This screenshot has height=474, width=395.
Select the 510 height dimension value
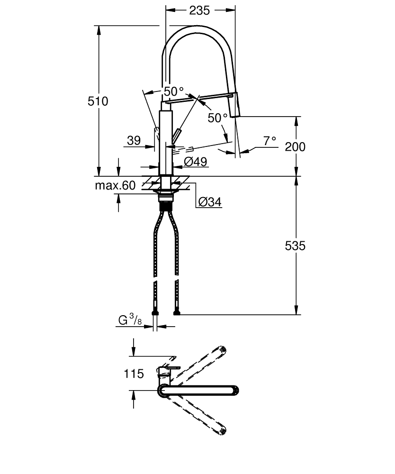(98, 101)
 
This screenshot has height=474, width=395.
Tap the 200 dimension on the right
(295, 146)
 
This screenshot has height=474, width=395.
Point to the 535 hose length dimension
(295, 246)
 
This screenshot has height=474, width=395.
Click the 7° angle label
(269, 141)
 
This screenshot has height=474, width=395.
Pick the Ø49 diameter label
(195, 162)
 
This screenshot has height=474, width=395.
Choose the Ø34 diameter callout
(209, 202)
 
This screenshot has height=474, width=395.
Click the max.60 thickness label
(115, 185)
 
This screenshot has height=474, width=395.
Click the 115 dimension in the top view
(134, 374)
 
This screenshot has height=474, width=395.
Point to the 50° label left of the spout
(173, 91)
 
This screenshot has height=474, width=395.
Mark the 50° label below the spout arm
(217, 118)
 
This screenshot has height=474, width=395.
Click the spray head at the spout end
(235, 106)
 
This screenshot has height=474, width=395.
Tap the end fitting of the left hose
(154, 312)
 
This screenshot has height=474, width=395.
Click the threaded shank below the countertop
(165, 206)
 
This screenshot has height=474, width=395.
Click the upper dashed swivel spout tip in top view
(222, 351)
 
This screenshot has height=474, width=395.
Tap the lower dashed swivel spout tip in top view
(222, 430)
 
